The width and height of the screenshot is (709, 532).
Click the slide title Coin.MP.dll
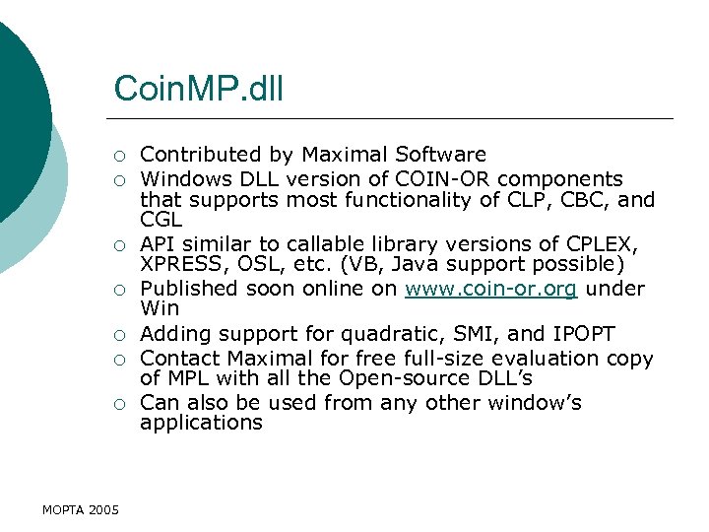(x=198, y=89)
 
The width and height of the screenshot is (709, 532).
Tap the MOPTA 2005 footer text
(x=81, y=509)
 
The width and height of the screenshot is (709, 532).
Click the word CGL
(x=161, y=222)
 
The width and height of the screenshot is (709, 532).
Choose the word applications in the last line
(x=201, y=423)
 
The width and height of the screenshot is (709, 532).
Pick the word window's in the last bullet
(x=531, y=403)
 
